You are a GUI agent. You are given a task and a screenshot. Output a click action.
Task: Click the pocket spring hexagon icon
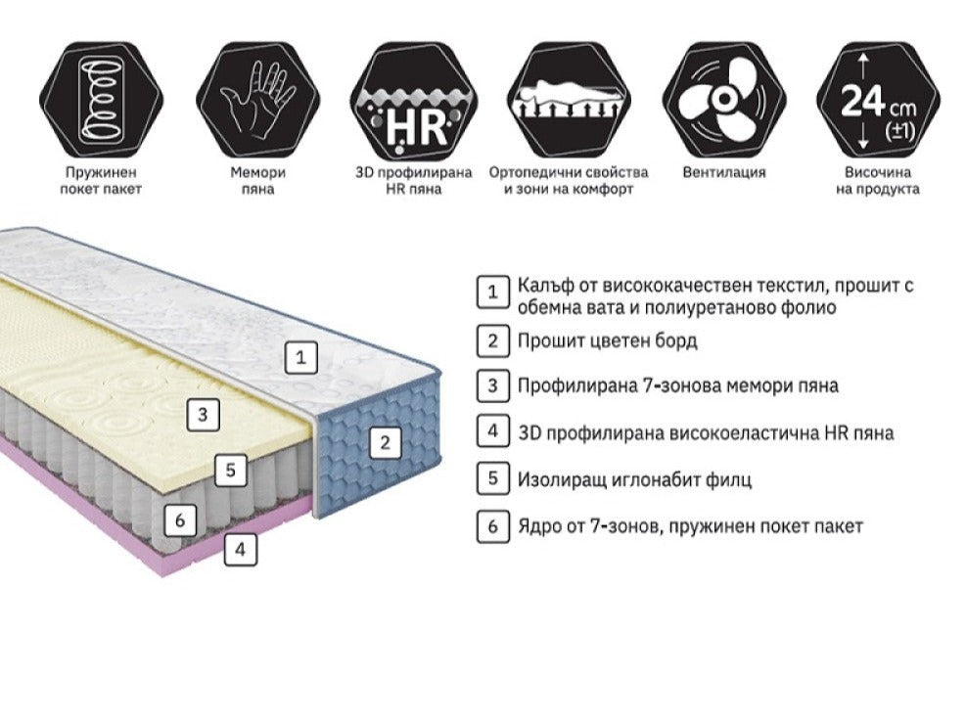tap(101, 98)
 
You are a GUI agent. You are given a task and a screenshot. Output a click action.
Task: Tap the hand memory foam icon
tap(256, 98)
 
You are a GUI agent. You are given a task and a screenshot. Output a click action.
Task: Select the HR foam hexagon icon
tap(412, 98)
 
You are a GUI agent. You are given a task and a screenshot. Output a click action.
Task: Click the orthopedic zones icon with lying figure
tap(569, 98)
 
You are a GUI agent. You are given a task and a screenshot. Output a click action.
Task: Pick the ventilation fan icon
tap(724, 98)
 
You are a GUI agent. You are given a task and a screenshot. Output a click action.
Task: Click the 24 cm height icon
tap(878, 98)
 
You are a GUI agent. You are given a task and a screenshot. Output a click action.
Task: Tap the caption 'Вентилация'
tap(724, 172)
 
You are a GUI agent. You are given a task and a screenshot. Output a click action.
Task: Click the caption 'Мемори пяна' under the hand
tap(256, 180)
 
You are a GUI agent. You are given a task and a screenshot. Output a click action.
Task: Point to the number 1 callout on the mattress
tap(301, 358)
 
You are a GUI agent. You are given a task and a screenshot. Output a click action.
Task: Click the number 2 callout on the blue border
tap(385, 442)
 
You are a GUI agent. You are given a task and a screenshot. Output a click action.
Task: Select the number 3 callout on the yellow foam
tap(203, 414)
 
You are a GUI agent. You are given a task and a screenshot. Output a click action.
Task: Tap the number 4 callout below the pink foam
tap(241, 550)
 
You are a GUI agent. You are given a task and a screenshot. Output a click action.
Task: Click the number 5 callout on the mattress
tap(230, 470)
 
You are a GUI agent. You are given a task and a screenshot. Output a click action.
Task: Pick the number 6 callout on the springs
tap(179, 520)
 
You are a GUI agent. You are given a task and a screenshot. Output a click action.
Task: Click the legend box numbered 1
tap(493, 292)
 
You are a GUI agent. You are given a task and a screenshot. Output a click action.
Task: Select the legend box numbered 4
tap(493, 431)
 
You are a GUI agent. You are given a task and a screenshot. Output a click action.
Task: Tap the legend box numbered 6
tap(493, 526)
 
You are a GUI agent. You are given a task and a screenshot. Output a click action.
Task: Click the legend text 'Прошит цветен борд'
tap(608, 341)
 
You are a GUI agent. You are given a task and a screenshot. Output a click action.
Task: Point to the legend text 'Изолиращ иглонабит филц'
tap(635, 479)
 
